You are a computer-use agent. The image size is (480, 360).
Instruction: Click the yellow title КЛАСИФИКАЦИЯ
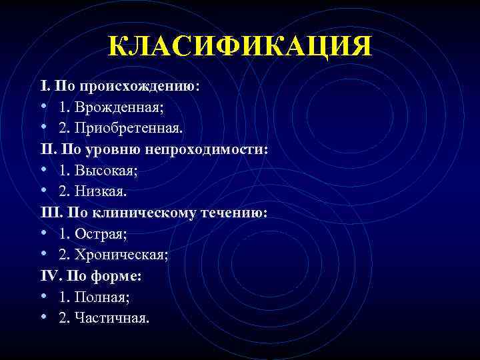point(240,47)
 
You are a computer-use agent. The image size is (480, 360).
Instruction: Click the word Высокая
point(105,171)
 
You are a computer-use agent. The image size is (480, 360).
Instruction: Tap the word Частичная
point(113,318)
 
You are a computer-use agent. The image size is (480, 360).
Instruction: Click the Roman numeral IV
point(49,275)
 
